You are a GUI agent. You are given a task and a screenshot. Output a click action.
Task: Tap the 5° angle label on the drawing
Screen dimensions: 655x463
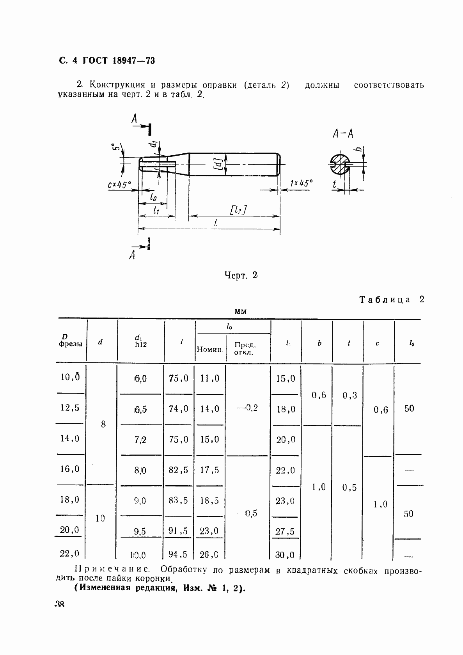115,147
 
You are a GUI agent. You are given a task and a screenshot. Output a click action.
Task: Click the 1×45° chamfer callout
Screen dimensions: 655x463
301,183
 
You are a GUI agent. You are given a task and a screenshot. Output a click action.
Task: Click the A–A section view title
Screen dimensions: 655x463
343,134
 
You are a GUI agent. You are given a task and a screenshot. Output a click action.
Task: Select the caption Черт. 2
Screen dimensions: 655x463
241,275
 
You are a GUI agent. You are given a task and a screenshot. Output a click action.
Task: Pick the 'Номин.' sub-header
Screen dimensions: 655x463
210,350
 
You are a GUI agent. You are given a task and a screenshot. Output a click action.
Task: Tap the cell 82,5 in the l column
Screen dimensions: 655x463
178,470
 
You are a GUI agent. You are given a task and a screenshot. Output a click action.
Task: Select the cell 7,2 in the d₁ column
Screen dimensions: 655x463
140,440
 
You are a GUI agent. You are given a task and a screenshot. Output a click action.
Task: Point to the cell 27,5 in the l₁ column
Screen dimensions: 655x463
285,531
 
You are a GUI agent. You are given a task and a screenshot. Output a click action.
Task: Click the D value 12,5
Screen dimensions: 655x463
70,408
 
